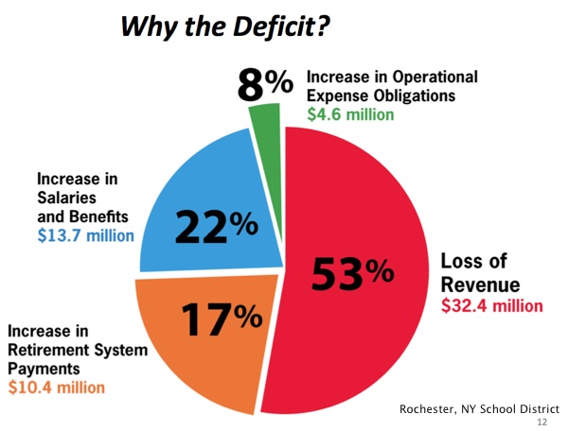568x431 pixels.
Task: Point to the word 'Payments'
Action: [45, 369]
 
